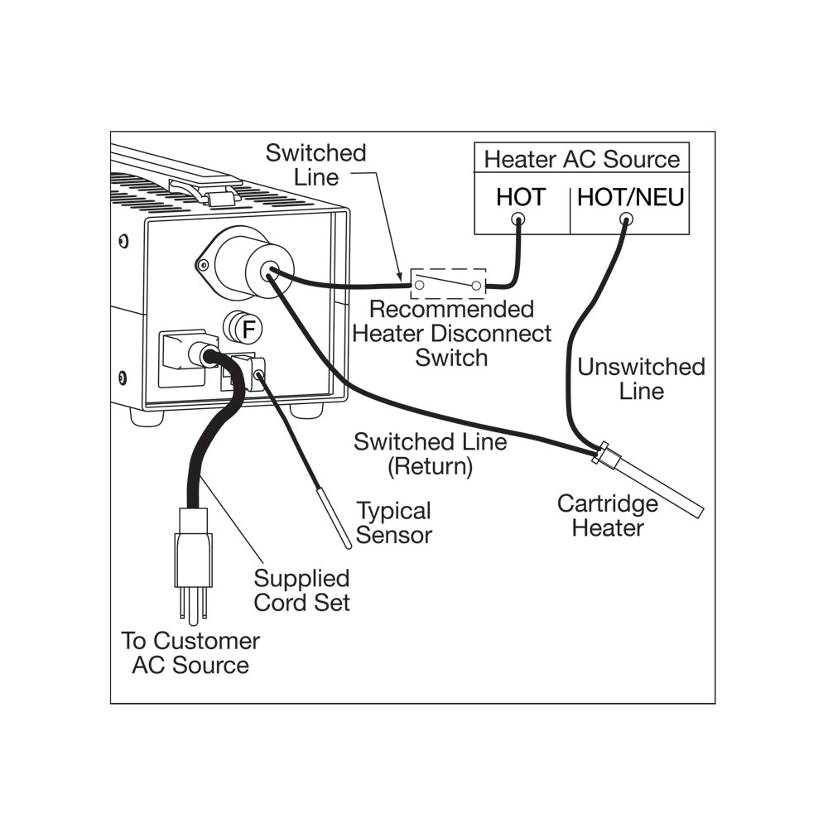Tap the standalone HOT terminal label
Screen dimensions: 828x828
tap(521, 198)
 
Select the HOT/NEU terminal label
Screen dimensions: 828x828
tap(630, 198)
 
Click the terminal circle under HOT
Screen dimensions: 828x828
tap(518, 219)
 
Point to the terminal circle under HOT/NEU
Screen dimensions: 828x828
tap(626, 219)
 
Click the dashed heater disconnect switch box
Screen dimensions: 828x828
tap(448, 283)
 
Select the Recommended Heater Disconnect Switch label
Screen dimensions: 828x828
tap(451, 334)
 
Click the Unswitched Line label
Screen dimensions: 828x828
tap(641, 379)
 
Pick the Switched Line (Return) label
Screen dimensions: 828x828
tap(431, 454)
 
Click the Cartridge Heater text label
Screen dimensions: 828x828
tap(607, 515)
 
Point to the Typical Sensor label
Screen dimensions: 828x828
tap(394, 522)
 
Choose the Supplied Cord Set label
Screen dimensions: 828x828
tap(301, 590)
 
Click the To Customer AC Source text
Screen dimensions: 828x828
tap(190, 652)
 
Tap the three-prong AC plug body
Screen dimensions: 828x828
tap(193, 549)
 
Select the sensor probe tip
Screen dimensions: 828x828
tap(348, 546)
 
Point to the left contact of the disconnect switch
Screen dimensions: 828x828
tap(419, 285)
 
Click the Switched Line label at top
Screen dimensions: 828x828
tap(315, 165)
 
